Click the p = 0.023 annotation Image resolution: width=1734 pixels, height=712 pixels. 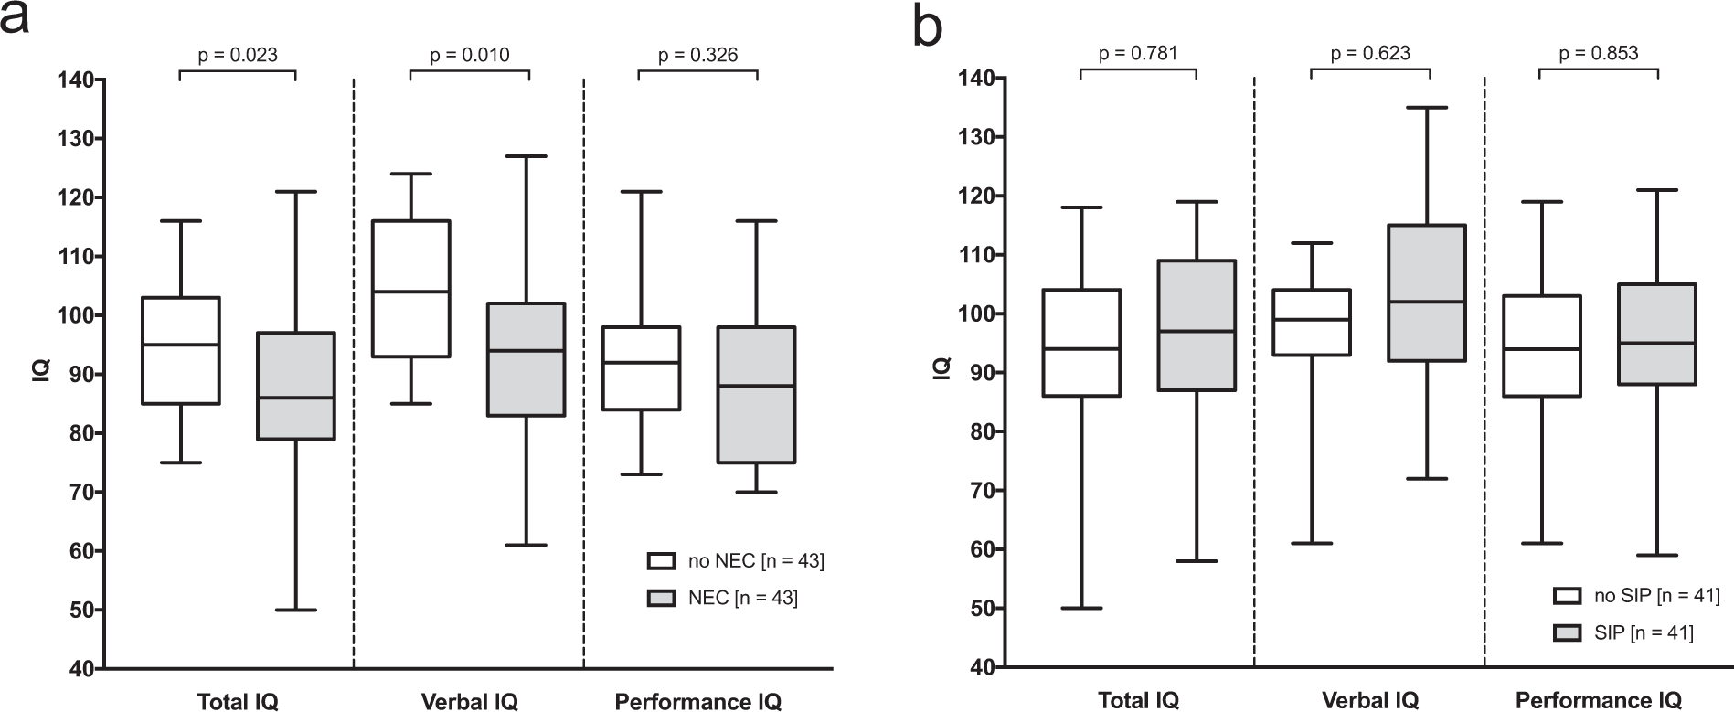[x=238, y=55]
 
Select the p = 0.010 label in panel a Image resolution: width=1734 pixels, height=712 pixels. [x=469, y=55]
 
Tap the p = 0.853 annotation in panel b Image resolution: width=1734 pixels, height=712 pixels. [x=1598, y=53]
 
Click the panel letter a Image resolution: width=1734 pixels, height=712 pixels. [x=16, y=18]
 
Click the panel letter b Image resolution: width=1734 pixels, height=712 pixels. [x=929, y=27]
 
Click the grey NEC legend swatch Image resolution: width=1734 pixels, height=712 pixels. [x=661, y=599]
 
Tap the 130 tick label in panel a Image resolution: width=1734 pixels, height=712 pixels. [x=78, y=139]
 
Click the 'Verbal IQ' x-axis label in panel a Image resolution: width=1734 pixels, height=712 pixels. [x=469, y=702]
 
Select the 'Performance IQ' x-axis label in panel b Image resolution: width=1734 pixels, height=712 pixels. [x=1598, y=701]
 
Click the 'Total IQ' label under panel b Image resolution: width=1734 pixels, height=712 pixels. [x=1138, y=701]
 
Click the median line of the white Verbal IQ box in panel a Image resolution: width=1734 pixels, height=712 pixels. [x=410, y=292]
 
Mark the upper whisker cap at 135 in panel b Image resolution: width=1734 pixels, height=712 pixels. [x=1426, y=108]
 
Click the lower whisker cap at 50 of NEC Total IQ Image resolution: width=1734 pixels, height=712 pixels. [x=296, y=610]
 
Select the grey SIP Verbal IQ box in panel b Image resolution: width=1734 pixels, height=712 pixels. [x=1426, y=292]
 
